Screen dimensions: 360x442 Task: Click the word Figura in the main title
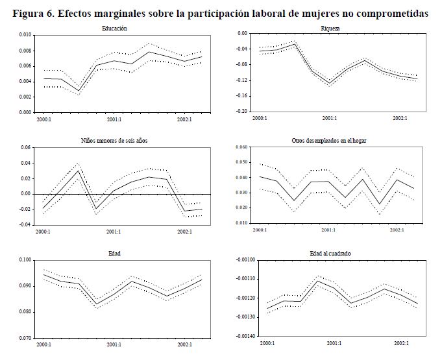point(29,12)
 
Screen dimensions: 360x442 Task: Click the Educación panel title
point(114,29)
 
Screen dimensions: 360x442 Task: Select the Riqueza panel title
point(330,29)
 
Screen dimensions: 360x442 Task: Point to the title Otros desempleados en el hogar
point(330,141)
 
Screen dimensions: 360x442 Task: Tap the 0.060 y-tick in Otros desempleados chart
point(241,147)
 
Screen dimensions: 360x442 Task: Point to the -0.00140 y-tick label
point(238,337)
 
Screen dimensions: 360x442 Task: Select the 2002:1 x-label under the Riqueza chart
point(399,118)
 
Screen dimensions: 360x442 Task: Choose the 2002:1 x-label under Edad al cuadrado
point(399,343)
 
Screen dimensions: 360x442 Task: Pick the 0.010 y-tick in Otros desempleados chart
point(241,224)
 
